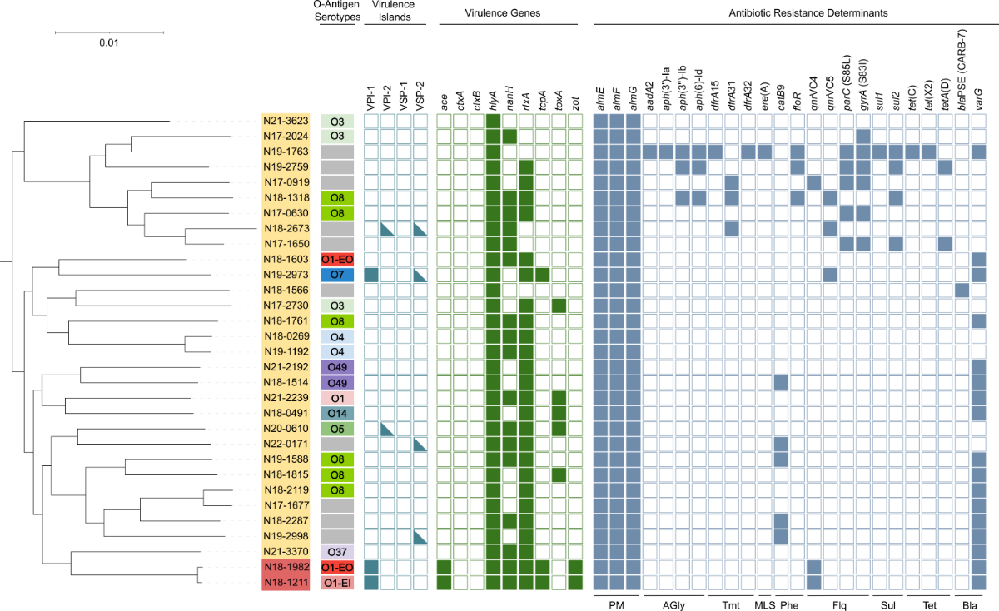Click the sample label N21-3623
click(x=285, y=122)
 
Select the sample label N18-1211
click(x=285, y=582)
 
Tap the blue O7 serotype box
click(x=337, y=275)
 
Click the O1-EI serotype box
click(x=337, y=582)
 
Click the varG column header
click(x=978, y=100)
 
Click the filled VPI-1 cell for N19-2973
click(x=371, y=275)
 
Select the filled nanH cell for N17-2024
click(x=509, y=137)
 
